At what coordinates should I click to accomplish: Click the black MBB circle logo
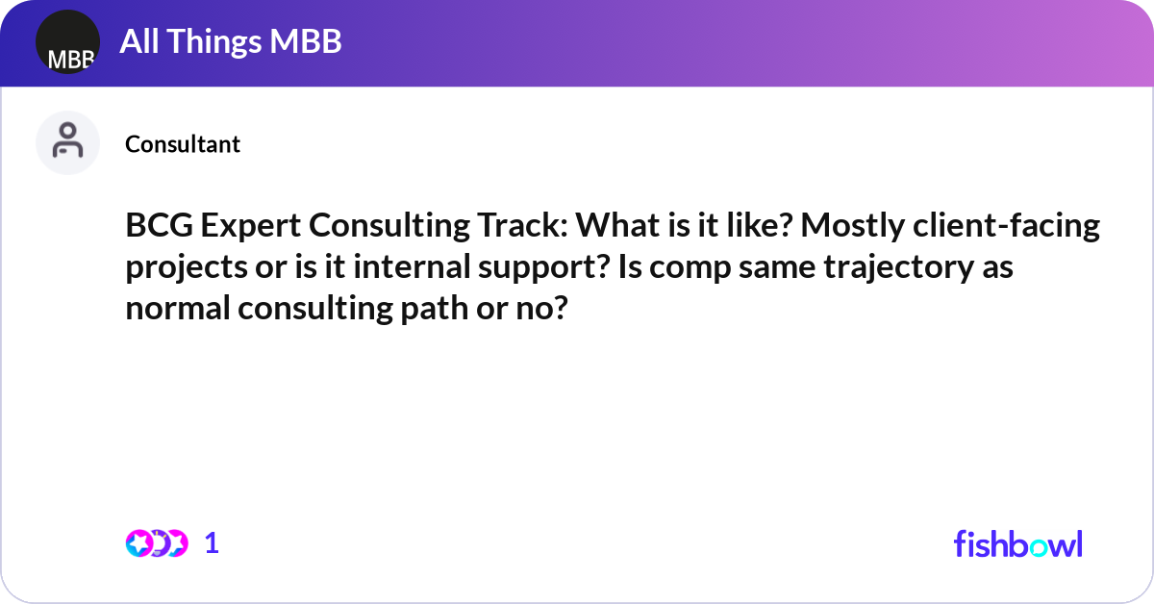coord(67,43)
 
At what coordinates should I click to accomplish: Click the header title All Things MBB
coord(230,42)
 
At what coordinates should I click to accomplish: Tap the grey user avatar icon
coord(67,143)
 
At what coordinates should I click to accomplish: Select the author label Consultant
coord(183,144)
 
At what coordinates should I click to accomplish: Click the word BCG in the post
coord(156,228)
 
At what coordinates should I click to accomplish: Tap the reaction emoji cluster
coord(156,543)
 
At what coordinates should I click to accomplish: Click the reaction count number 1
coord(212,543)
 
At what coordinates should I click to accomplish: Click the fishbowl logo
coord(1017,543)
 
